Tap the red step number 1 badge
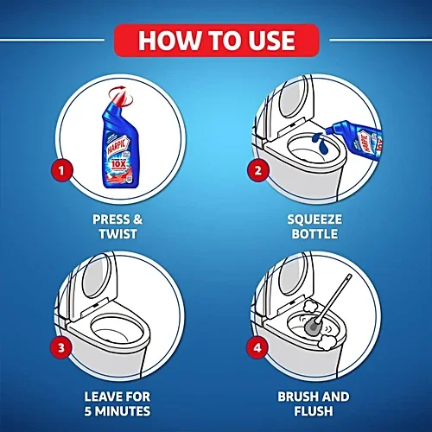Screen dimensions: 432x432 [60, 169]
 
